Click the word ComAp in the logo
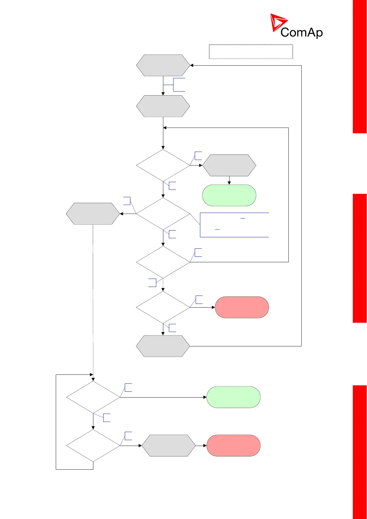coord(301,32)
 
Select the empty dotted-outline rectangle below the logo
coord(251,51)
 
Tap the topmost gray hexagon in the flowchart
coord(163,65)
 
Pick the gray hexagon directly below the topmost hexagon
coord(163,106)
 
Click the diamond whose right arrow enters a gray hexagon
coord(163,166)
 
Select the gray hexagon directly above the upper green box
coord(229,166)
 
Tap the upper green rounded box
coord(229,195)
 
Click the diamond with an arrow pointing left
coord(163,214)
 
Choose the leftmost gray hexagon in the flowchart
coord(93,214)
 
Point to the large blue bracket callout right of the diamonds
coord(234,225)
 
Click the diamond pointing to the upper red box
coord(163,307)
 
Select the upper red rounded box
coord(242,307)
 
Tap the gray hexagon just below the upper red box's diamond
coord(163,346)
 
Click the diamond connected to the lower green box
coord(93,397)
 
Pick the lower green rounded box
coord(233,397)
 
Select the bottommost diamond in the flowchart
coord(93,446)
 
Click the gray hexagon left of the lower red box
coord(169,446)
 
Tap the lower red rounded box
coord(233,446)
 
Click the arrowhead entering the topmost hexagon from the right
coord(192,65)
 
